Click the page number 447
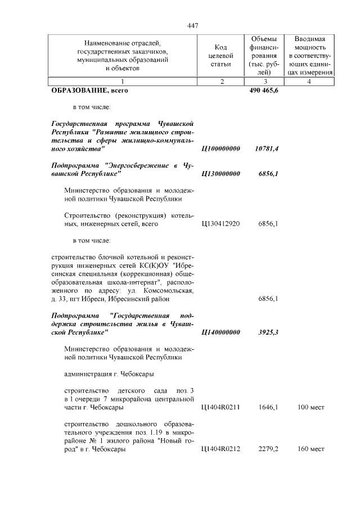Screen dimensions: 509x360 193,25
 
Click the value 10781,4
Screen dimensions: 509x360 267,148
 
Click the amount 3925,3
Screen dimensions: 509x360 268,332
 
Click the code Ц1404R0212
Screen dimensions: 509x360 220,449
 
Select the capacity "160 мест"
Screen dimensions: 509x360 310,449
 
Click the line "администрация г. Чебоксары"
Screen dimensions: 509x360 109,373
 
